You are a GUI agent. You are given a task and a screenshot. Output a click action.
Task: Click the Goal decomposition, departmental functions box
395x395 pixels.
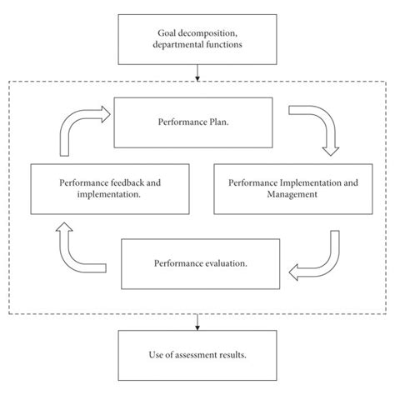(197, 38)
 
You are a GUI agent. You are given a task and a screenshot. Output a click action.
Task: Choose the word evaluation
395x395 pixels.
(221, 263)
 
